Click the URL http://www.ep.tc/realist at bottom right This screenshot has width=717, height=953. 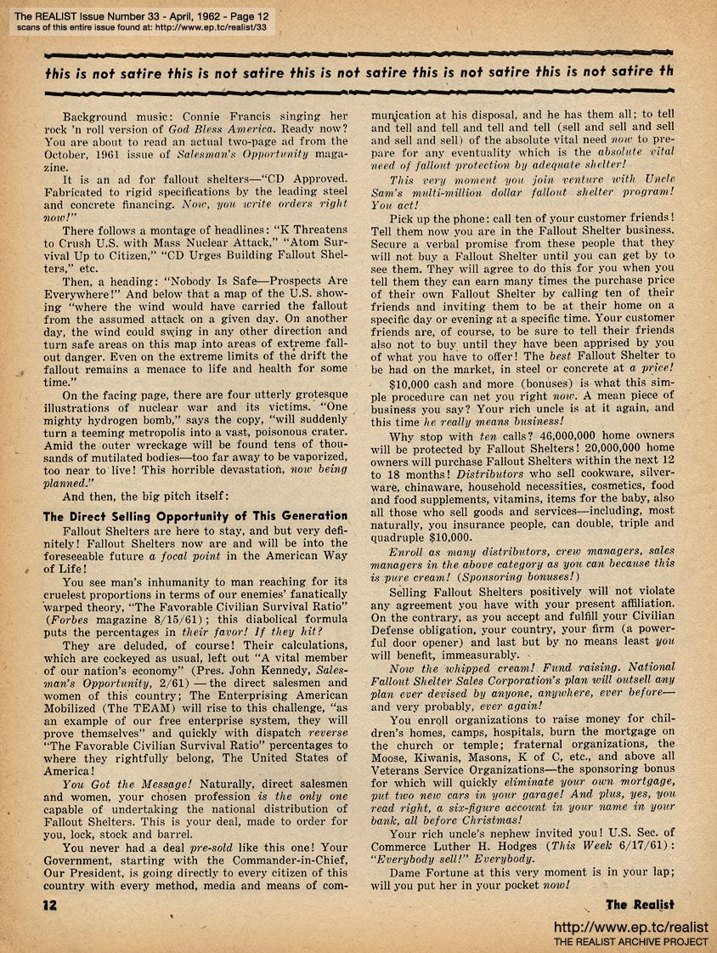point(630,927)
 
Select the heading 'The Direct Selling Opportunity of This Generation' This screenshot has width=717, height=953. point(195,515)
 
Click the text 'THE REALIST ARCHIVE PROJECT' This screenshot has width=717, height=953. point(630,942)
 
